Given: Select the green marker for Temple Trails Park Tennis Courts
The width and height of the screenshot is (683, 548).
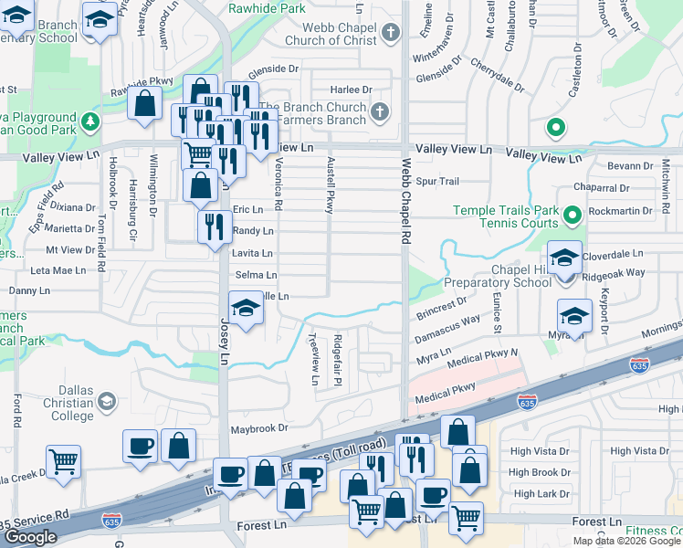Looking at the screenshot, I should (x=573, y=216).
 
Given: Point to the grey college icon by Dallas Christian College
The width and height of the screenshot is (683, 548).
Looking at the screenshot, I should (x=107, y=402).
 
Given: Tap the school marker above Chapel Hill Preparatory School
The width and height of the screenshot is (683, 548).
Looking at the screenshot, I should (x=564, y=257).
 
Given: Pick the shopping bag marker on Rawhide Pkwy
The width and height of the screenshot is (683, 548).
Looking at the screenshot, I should (x=144, y=103).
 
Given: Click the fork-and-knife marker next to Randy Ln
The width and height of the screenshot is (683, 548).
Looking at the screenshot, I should (x=215, y=225).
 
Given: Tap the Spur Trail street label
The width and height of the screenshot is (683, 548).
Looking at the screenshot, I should (x=437, y=182).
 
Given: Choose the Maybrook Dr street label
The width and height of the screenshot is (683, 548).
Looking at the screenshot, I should (x=258, y=427).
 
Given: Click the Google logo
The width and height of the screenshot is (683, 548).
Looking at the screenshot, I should (x=31, y=536).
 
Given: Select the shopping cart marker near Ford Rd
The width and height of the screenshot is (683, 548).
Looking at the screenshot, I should (x=63, y=462).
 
